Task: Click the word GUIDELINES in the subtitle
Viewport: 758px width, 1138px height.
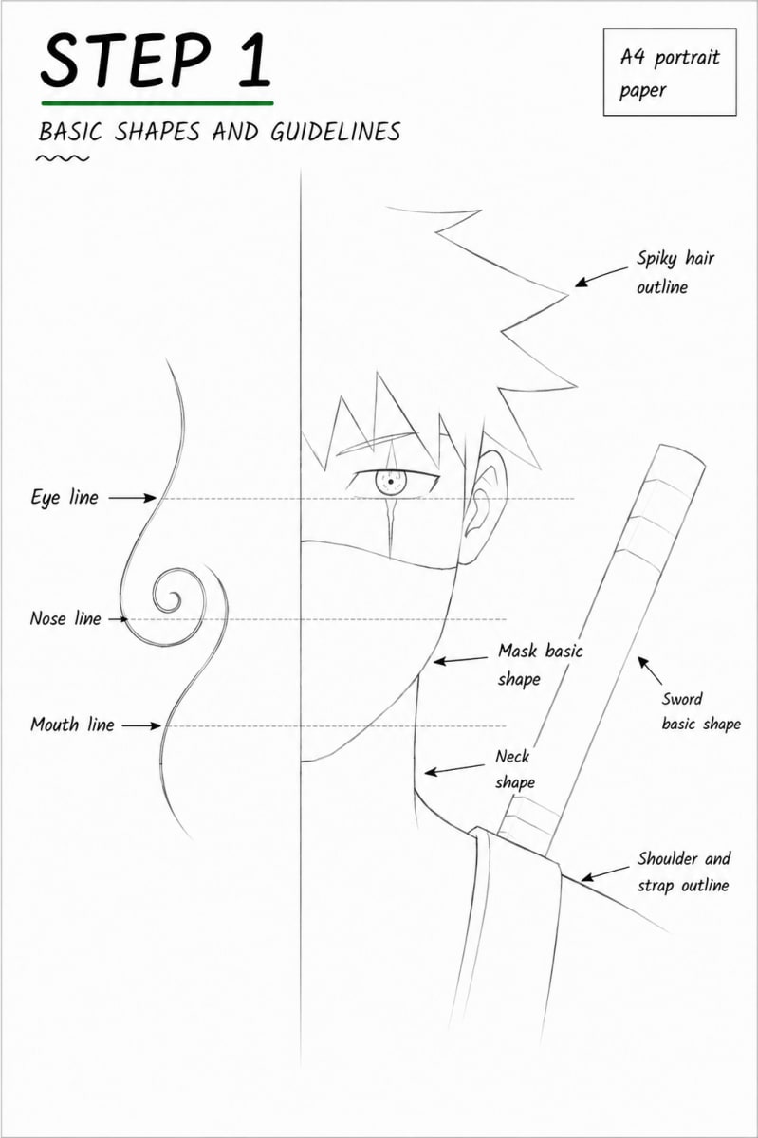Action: pos(336,132)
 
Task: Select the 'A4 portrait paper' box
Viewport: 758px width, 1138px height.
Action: pos(670,72)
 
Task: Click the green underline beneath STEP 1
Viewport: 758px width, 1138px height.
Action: pos(157,103)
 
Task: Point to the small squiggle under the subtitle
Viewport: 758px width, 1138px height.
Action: pos(62,158)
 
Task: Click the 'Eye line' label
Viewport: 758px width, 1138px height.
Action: pos(65,497)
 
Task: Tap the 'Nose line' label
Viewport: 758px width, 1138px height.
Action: pos(65,618)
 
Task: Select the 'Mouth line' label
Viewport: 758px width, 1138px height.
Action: pos(73,724)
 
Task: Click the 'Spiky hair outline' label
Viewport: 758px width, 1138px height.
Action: pos(675,272)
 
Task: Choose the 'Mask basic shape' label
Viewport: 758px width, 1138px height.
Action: pos(540,665)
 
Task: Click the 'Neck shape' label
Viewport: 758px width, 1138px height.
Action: pos(514,769)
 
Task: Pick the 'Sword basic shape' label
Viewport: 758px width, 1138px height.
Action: pos(701,711)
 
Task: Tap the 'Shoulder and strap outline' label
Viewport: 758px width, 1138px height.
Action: pos(684,872)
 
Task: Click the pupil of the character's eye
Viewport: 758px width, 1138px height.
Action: pos(391,482)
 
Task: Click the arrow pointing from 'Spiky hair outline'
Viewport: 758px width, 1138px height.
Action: pos(601,277)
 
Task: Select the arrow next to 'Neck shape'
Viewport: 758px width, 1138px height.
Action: pos(455,769)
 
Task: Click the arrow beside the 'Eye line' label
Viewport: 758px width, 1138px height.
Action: pos(133,498)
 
